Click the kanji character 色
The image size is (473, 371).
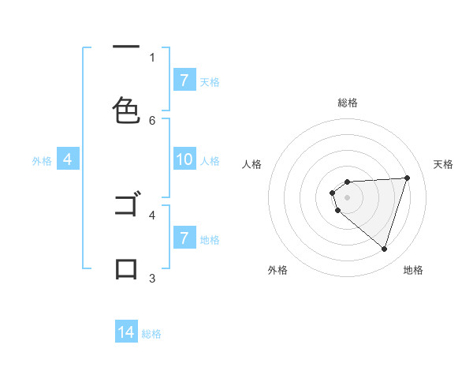(x=127, y=111)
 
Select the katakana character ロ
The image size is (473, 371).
(x=127, y=269)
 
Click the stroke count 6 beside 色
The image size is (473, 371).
(x=152, y=120)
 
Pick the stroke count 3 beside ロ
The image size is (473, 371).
(x=152, y=278)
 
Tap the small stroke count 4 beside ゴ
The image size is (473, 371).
(x=152, y=214)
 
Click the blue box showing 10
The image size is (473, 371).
(x=184, y=160)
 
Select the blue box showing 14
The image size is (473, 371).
(x=126, y=332)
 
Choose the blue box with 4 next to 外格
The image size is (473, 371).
(x=68, y=160)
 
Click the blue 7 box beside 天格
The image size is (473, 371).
(x=184, y=81)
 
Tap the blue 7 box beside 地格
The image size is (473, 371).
(x=184, y=238)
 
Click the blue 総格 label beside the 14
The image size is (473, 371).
(x=151, y=334)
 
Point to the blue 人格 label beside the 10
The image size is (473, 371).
(x=210, y=161)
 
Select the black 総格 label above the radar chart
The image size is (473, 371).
(x=347, y=103)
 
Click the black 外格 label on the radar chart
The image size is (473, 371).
(x=277, y=270)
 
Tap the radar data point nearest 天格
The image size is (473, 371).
(x=407, y=178)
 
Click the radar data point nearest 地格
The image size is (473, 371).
(x=384, y=249)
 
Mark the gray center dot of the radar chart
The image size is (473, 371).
(x=347, y=197)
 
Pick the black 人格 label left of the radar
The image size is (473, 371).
(x=252, y=164)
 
